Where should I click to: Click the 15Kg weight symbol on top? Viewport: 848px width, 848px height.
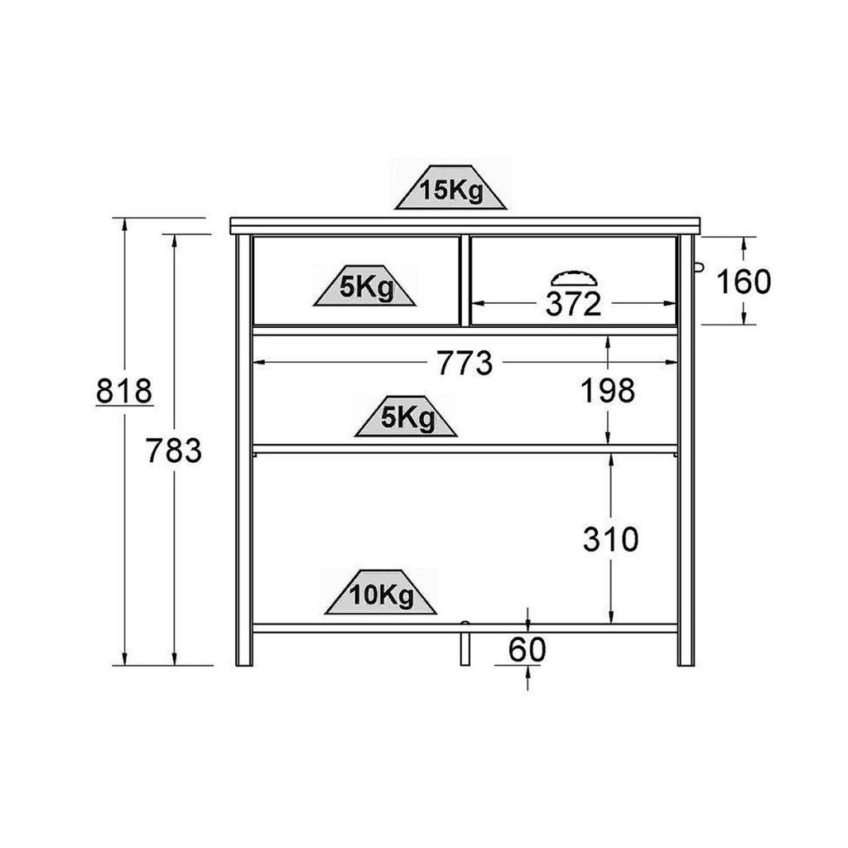tap(450, 187)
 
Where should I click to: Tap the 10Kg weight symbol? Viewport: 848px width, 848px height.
tap(381, 591)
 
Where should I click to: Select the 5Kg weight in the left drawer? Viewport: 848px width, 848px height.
tap(365, 285)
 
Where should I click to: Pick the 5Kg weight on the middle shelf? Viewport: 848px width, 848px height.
tap(406, 416)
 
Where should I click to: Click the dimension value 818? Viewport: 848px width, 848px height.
tap(124, 391)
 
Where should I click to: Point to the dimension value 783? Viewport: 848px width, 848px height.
tap(174, 450)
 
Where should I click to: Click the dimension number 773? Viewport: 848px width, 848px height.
tap(465, 363)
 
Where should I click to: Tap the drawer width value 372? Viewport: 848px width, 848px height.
tap(573, 304)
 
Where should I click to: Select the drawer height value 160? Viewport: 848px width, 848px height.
tap(744, 282)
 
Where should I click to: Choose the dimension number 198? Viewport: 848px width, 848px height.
tap(608, 391)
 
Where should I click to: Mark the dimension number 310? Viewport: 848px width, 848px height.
tap(610, 539)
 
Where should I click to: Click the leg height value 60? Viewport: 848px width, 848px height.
tap(528, 649)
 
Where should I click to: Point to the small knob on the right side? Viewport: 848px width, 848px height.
tap(699, 267)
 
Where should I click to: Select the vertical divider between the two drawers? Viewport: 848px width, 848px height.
tap(465, 281)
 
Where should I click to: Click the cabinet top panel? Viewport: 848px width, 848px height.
tap(465, 226)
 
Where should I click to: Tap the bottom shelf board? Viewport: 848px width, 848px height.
tap(465, 629)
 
